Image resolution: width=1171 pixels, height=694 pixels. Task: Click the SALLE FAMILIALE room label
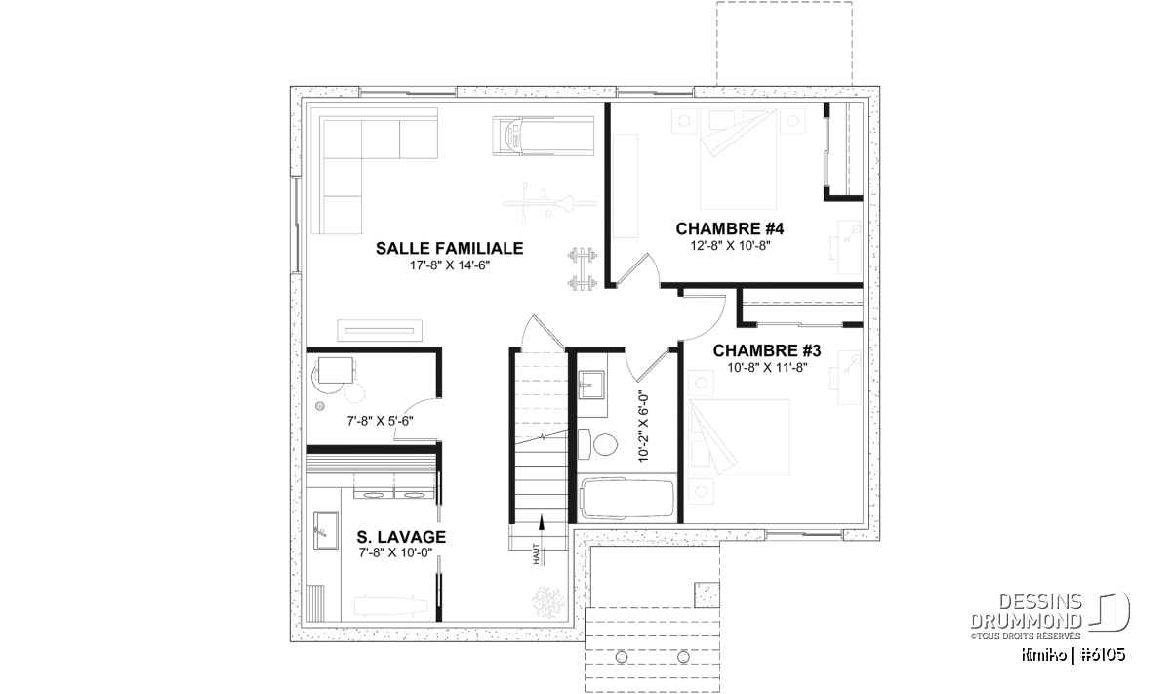pos(449,249)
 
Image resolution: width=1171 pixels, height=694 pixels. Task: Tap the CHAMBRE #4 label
pos(730,228)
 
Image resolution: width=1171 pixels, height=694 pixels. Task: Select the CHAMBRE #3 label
pos(767,350)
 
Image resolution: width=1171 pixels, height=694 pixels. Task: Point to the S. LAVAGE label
pos(401,537)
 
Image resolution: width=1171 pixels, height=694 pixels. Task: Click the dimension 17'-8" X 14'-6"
pos(449,265)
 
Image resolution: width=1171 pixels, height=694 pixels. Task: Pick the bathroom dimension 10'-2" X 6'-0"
pos(643,428)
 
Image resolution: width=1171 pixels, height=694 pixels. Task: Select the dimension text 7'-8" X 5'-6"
pos(380,421)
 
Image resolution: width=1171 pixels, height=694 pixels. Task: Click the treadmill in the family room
pos(544,136)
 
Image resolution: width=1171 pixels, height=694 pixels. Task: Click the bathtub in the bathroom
pos(626,499)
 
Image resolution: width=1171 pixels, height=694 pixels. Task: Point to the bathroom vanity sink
pos(591,385)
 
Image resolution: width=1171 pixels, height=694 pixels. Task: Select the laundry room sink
pos(325,530)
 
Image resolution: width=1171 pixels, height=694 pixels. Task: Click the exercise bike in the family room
pos(548,202)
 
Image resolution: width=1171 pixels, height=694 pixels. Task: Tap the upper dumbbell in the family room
pos(583,256)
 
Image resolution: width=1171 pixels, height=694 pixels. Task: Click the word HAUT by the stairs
pos(536,553)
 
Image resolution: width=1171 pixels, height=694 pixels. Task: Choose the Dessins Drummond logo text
pos(1027,611)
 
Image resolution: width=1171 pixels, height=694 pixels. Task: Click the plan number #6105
pos(1102,655)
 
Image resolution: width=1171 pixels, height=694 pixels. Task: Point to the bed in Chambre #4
pos(738,158)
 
